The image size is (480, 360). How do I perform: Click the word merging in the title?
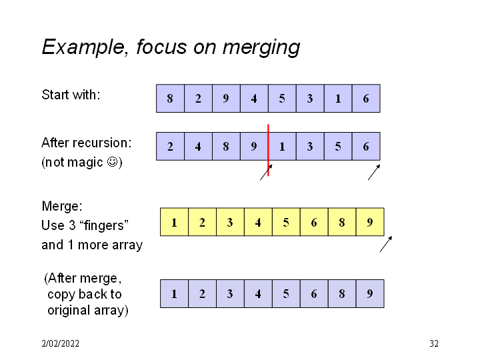point(261,48)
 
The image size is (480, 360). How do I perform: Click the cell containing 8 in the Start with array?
point(170,99)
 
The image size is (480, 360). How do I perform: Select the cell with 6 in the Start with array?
point(366,99)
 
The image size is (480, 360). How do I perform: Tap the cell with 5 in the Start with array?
point(282,99)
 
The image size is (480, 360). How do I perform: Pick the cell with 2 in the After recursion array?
point(170,147)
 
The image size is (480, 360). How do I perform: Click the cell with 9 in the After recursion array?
point(254,147)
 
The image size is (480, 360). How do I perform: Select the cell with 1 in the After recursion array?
point(282,147)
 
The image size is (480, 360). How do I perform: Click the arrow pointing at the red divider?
point(266,172)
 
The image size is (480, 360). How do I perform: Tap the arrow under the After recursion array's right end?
point(374,172)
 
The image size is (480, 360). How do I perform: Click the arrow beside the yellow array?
point(386,244)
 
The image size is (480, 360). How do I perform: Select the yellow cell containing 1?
point(174,222)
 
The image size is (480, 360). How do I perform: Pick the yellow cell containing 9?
point(370,222)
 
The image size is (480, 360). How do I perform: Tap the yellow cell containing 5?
point(286,222)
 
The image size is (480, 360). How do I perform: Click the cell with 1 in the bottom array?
point(174,293)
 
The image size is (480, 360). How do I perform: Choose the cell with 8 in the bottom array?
point(342,293)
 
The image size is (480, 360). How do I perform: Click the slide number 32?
point(434,344)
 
